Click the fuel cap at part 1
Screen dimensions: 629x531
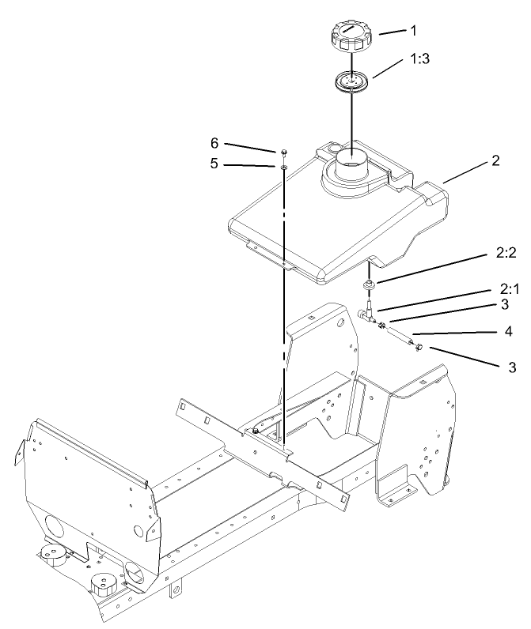(x=349, y=37)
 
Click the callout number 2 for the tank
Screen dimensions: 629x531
(x=495, y=161)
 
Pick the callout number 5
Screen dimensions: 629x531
(x=213, y=164)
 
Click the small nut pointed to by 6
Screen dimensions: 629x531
(x=282, y=152)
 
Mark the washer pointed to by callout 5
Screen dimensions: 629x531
(x=282, y=167)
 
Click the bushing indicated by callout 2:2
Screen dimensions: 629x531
(x=368, y=285)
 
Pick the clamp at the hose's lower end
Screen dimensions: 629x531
(x=416, y=346)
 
